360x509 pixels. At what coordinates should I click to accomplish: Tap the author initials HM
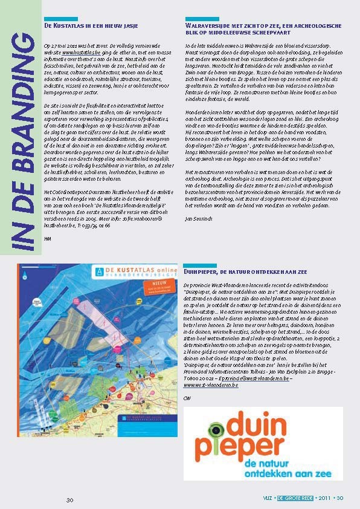click(48, 239)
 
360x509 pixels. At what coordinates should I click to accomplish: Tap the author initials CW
click(187, 397)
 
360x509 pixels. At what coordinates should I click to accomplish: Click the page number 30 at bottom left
click(69, 501)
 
